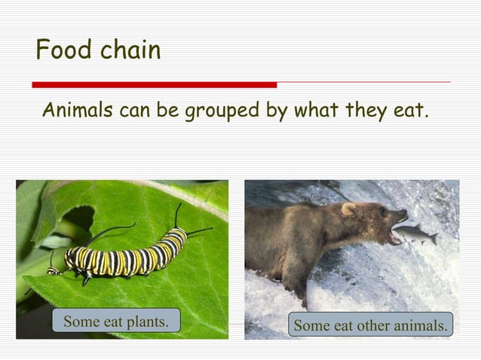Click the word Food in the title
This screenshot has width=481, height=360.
pyautogui.click(x=61, y=50)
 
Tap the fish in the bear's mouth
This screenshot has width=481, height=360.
pyautogui.click(x=414, y=235)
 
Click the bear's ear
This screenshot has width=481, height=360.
pyautogui.click(x=348, y=209)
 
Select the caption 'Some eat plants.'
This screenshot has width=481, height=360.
pyautogui.click(x=115, y=322)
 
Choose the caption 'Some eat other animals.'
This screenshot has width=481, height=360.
pyautogui.click(x=370, y=325)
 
